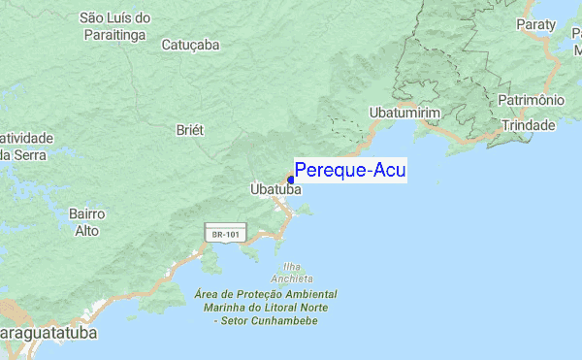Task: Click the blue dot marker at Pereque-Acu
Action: click(x=291, y=180)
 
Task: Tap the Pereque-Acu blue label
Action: click(x=350, y=171)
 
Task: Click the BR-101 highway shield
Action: click(x=226, y=233)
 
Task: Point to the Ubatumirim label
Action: click(x=405, y=114)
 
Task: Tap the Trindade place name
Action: click(x=528, y=125)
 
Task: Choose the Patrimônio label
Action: click(x=531, y=100)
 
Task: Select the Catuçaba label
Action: click(x=190, y=45)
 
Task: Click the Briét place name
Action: click(x=189, y=130)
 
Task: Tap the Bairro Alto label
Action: click(x=86, y=221)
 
